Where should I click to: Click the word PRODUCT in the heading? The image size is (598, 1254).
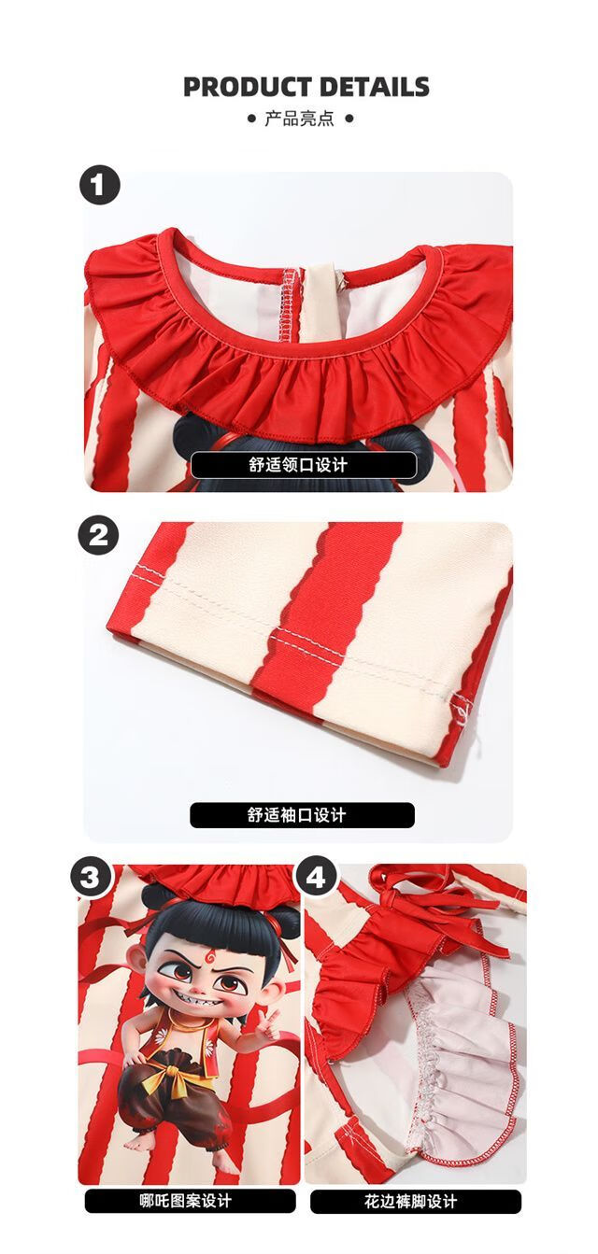tap(248, 87)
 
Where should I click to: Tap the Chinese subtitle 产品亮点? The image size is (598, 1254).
tap(299, 119)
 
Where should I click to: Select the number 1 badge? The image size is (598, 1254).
tap(100, 185)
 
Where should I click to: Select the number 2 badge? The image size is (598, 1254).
tap(99, 535)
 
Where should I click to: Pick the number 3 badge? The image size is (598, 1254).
tap(91, 878)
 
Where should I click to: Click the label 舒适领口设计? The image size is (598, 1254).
tap(303, 465)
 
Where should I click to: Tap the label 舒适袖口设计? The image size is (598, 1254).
tap(302, 815)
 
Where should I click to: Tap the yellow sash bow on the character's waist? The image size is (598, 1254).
tap(164, 1073)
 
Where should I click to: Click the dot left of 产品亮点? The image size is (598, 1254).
tap(251, 119)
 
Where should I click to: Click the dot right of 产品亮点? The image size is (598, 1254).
tap(349, 119)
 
